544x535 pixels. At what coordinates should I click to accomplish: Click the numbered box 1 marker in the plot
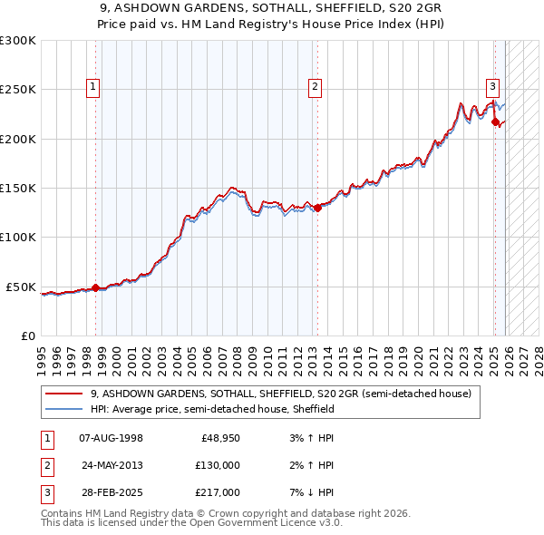pos(94,87)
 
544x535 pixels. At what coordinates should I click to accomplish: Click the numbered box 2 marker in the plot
pos(315,87)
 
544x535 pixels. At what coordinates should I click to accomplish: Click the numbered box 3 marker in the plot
pos(492,87)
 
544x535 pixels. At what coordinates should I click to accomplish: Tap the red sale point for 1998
pos(96,288)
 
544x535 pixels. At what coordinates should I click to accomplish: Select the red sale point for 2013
pos(317,208)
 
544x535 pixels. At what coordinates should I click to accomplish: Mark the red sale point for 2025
pos(495,122)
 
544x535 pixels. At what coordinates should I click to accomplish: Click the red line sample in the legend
pos(64,394)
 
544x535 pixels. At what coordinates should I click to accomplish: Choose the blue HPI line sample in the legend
pos(64,410)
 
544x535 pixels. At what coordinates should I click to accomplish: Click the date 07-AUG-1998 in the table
pos(111,438)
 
